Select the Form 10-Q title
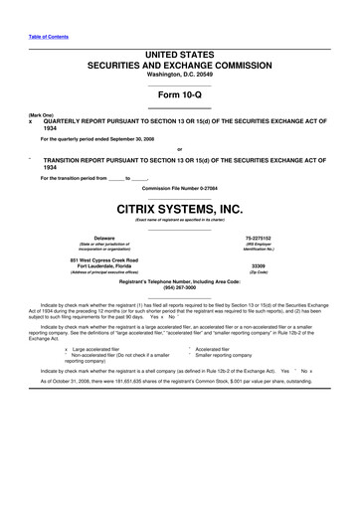tap(179, 93)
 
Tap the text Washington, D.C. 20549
tap(179, 74)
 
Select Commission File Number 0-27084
tap(179, 187)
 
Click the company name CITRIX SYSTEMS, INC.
tap(179, 209)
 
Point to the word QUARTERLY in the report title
tap(61, 122)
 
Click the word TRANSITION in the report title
tap(61, 158)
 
